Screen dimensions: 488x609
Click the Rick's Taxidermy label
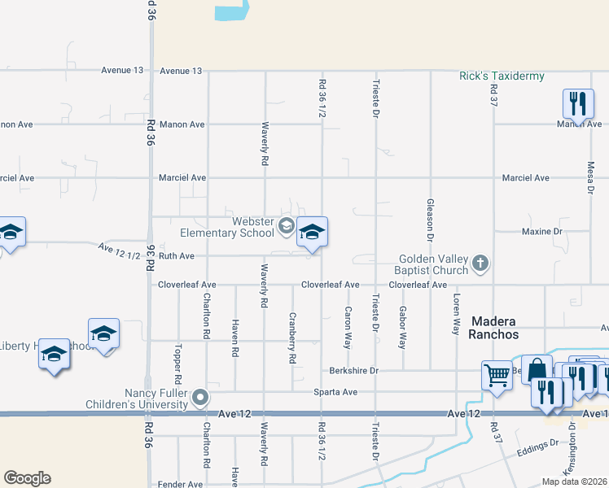pos(502,76)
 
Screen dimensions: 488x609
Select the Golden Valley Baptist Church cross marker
pos(481,263)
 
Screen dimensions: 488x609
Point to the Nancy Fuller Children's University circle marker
pos(201,398)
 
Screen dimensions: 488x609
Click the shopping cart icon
pos(496,375)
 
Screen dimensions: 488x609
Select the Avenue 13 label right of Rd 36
pos(181,71)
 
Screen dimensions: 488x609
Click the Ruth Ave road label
pos(176,255)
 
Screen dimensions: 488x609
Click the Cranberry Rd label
pos(291,338)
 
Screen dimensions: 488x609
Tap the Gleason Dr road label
pos(429,220)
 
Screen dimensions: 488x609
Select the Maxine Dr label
pos(541,232)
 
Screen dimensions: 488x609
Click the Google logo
pos(27,478)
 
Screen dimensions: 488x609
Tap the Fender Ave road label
pos(180,485)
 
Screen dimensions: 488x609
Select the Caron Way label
pos(348,328)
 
